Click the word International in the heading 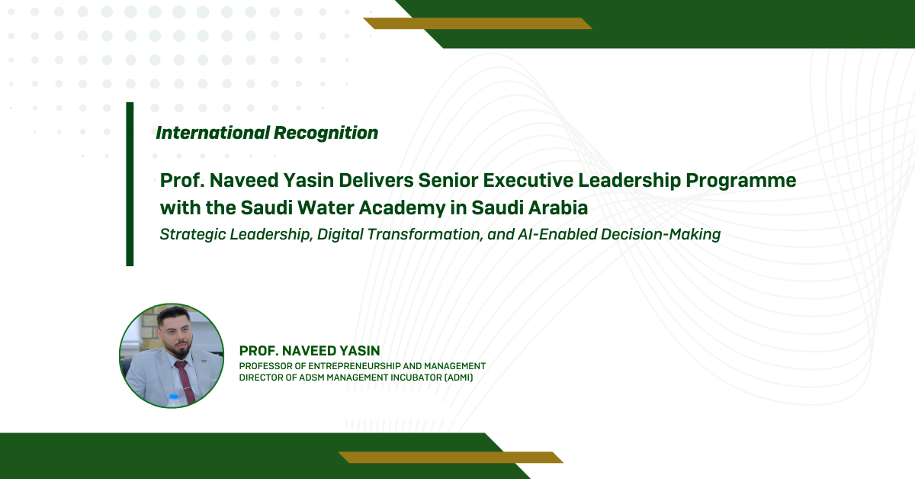tap(213, 133)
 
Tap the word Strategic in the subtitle tap(192, 235)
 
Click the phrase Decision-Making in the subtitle tap(660, 235)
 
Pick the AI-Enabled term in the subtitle tap(557, 235)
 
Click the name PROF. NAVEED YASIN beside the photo tap(310, 351)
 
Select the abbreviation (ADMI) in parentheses tap(458, 378)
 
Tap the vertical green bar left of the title tap(130, 185)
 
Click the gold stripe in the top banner tap(477, 24)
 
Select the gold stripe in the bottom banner tap(451, 458)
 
